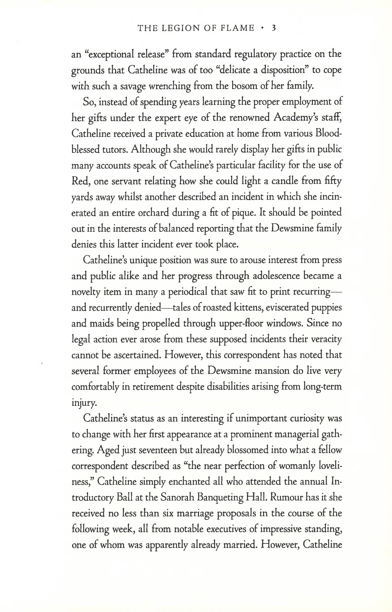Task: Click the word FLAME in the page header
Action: [238, 28]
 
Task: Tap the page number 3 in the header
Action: [274, 28]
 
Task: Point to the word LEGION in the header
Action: [181, 28]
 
